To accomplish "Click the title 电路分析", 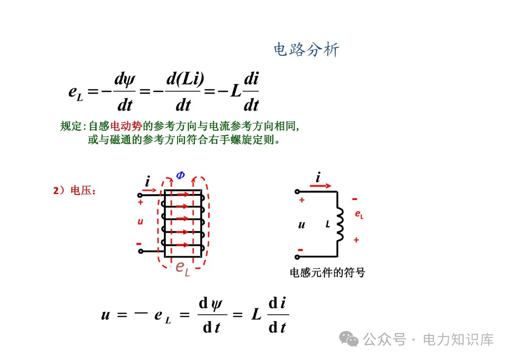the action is (x=306, y=50).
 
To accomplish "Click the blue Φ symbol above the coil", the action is (x=180, y=176).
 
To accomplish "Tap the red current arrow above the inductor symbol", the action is (x=321, y=186).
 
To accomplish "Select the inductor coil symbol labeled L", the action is (x=340, y=225).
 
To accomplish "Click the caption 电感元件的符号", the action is (x=327, y=273).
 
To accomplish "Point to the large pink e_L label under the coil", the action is (x=182, y=267).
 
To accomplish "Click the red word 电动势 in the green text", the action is (x=126, y=126).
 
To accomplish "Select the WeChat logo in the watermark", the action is (x=350, y=339).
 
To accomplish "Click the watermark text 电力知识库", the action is (x=458, y=339).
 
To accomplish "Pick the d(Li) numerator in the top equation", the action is (x=185, y=79).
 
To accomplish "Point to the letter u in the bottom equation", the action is (x=105, y=315).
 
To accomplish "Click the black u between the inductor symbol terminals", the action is (x=302, y=225).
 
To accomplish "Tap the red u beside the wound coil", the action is (x=140, y=221).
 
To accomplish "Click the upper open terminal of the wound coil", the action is (x=140, y=194).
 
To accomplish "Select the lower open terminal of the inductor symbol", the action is (x=297, y=257).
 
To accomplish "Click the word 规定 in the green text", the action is (x=71, y=126).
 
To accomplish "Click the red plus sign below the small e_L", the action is (x=356, y=240).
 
